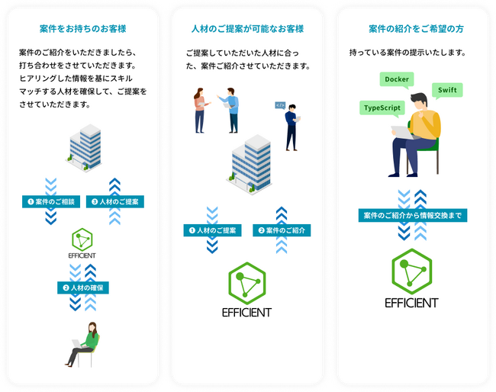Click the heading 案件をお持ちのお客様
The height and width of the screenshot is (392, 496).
[82, 29]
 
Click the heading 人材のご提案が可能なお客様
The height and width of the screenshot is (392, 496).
[247, 29]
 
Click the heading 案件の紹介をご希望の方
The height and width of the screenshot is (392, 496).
[415, 29]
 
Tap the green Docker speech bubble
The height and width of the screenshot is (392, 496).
[397, 80]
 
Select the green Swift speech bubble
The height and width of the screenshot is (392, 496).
[446, 91]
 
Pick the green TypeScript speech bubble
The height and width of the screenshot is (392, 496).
[382, 108]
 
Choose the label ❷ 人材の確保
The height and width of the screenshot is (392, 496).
[82, 288]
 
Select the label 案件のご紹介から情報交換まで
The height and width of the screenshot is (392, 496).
[412, 216]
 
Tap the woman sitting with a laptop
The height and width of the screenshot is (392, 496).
[85, 344]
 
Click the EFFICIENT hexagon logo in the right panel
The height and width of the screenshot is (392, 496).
[412, 278]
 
